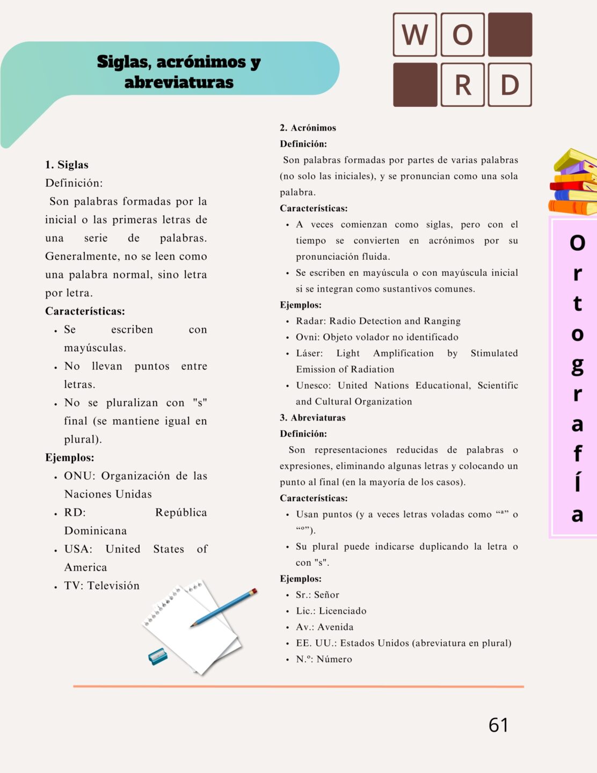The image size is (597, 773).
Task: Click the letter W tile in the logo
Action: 414,35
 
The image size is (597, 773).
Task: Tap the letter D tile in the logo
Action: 509,85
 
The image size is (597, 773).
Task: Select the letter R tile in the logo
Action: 462,85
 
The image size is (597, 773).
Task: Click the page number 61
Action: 498,725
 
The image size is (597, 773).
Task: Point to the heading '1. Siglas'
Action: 67,165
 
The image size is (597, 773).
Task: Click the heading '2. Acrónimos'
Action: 308,128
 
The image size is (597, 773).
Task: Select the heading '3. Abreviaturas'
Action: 312,418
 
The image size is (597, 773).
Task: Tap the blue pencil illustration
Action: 224,607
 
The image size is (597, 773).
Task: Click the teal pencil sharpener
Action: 157,656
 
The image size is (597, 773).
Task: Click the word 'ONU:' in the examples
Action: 79,476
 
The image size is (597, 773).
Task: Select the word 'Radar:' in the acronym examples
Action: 311,321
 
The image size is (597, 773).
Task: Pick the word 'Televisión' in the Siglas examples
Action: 113,586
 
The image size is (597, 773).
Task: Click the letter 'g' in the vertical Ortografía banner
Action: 577,366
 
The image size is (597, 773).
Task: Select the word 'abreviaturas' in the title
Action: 179,82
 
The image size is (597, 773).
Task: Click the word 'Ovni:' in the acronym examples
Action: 308,337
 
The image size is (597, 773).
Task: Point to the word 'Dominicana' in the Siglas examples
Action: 96,531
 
